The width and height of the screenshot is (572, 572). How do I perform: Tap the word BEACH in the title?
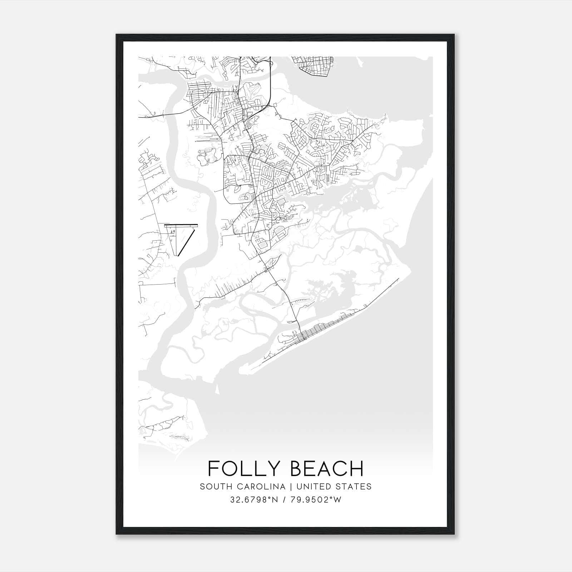(x=326, y=469)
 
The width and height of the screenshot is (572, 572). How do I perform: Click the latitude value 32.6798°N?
(x=255, y=500)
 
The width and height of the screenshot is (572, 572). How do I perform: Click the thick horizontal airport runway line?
(x=181, y=226)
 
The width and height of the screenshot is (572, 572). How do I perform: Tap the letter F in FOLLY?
(x=213, y=469)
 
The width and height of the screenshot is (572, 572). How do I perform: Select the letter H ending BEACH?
(x=357, y=469)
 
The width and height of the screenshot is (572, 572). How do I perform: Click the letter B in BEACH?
(x=295, y=469)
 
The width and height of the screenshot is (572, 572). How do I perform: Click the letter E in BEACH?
(x=309, y=469)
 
